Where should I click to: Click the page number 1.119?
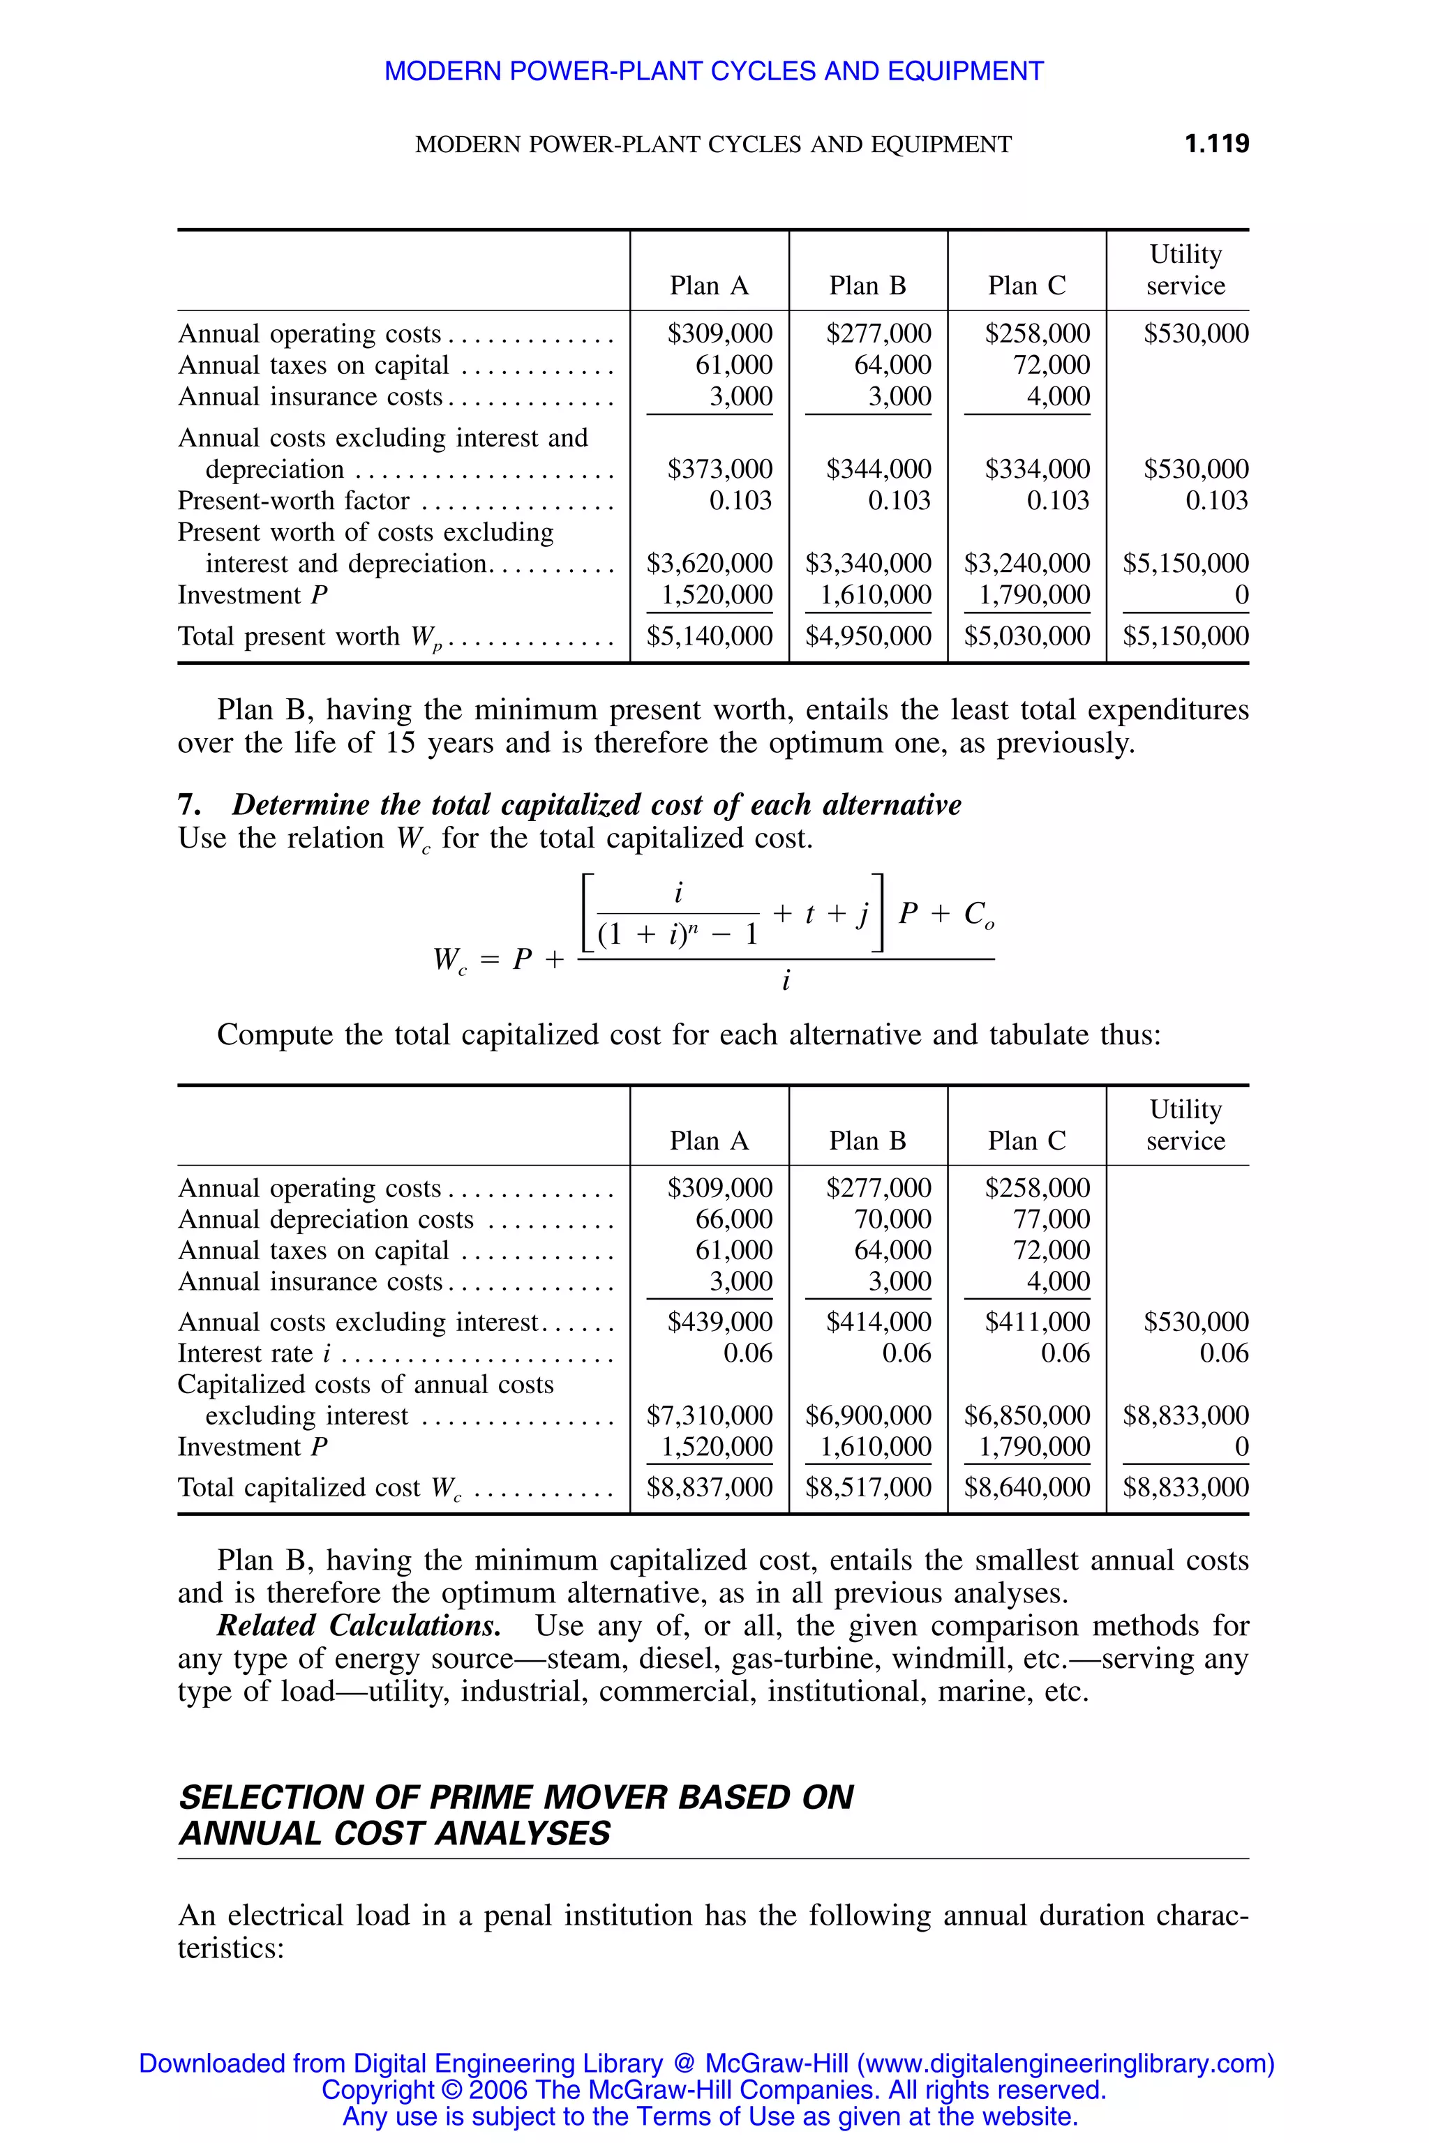(x=1217, y=144)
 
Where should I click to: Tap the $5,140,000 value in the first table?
(x=709, y=636)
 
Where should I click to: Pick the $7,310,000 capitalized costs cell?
(x=709, y=1415)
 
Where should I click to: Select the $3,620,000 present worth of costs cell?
(x=709, y=563)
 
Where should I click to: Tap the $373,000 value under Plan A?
(x=720, y=469)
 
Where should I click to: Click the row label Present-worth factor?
(x=294, y=501)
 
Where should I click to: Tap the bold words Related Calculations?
(x=358, y=1625)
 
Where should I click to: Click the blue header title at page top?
(x=714, y=71)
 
